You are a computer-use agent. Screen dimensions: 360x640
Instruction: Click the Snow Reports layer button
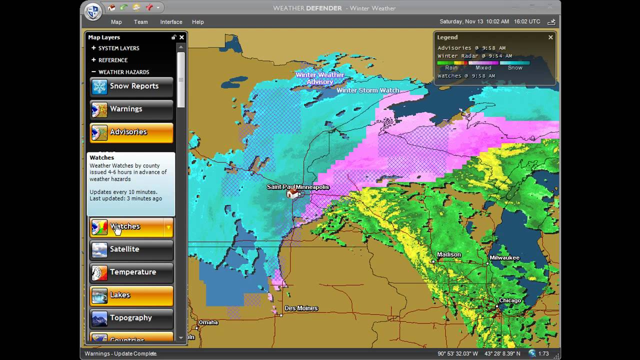click(x=131, y=86)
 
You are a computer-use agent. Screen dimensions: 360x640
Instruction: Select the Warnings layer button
click(x=131, y=109)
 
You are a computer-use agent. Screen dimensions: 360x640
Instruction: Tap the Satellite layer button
click(x=131, y=249)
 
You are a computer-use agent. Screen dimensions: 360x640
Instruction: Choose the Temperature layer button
click(x=131, y=272)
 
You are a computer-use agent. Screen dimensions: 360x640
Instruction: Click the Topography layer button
click(x=131, y=318)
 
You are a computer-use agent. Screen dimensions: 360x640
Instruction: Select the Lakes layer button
click(x=131, y=295)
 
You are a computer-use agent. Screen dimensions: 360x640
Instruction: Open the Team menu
click(x=140, y=22)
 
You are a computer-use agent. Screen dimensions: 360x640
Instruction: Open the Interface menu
click(x=171, y=22)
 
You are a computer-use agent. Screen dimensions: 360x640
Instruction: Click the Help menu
click(x=198, y=22)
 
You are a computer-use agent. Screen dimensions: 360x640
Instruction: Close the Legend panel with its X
click(x=550, y=37)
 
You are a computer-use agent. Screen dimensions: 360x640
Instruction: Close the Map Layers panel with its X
click(x=181, y=37)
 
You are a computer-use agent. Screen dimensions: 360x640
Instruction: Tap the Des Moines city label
click(x=301, y=308)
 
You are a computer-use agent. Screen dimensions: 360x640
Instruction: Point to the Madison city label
click(x=448, y=254)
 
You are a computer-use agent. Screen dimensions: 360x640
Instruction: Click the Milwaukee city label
click(x=504, y=258)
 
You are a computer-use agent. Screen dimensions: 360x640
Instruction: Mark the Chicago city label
click(x=510, y=300)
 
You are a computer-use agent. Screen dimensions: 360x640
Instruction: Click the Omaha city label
click(x=208, y=322)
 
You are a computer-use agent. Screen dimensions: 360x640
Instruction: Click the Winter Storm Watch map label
click(x=367, y=90)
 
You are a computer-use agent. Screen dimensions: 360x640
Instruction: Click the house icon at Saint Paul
click(x=292, y=193)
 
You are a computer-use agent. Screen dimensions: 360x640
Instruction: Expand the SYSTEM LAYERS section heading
click(x=118, y=48)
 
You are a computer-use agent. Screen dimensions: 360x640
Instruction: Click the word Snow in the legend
click(x=515, y=67)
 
